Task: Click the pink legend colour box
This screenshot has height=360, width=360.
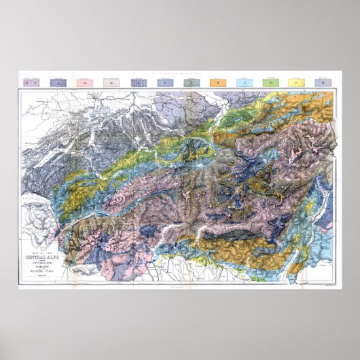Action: [x=85, y=82]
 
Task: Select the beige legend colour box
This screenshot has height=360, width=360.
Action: [x=111, y=82]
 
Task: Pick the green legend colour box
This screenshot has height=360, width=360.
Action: [x=270, y=82]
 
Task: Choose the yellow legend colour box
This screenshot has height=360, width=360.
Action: [x=296, y=82]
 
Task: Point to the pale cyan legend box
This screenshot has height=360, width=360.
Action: [x=243, y=82]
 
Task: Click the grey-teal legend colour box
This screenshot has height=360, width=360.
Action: [x=191, y=82]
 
